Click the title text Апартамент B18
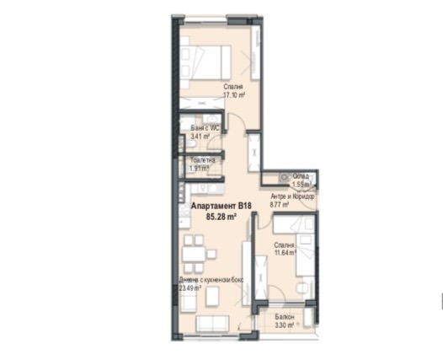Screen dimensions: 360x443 [x=221, y=206]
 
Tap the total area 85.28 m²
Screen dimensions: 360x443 [x=221, y=216]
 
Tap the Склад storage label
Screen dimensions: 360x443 [x=302, y=176]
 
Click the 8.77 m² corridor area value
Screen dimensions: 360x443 [x=282, y=203]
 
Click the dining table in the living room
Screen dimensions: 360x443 [x=193, y=252]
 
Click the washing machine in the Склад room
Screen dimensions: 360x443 [x=275, y=178]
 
